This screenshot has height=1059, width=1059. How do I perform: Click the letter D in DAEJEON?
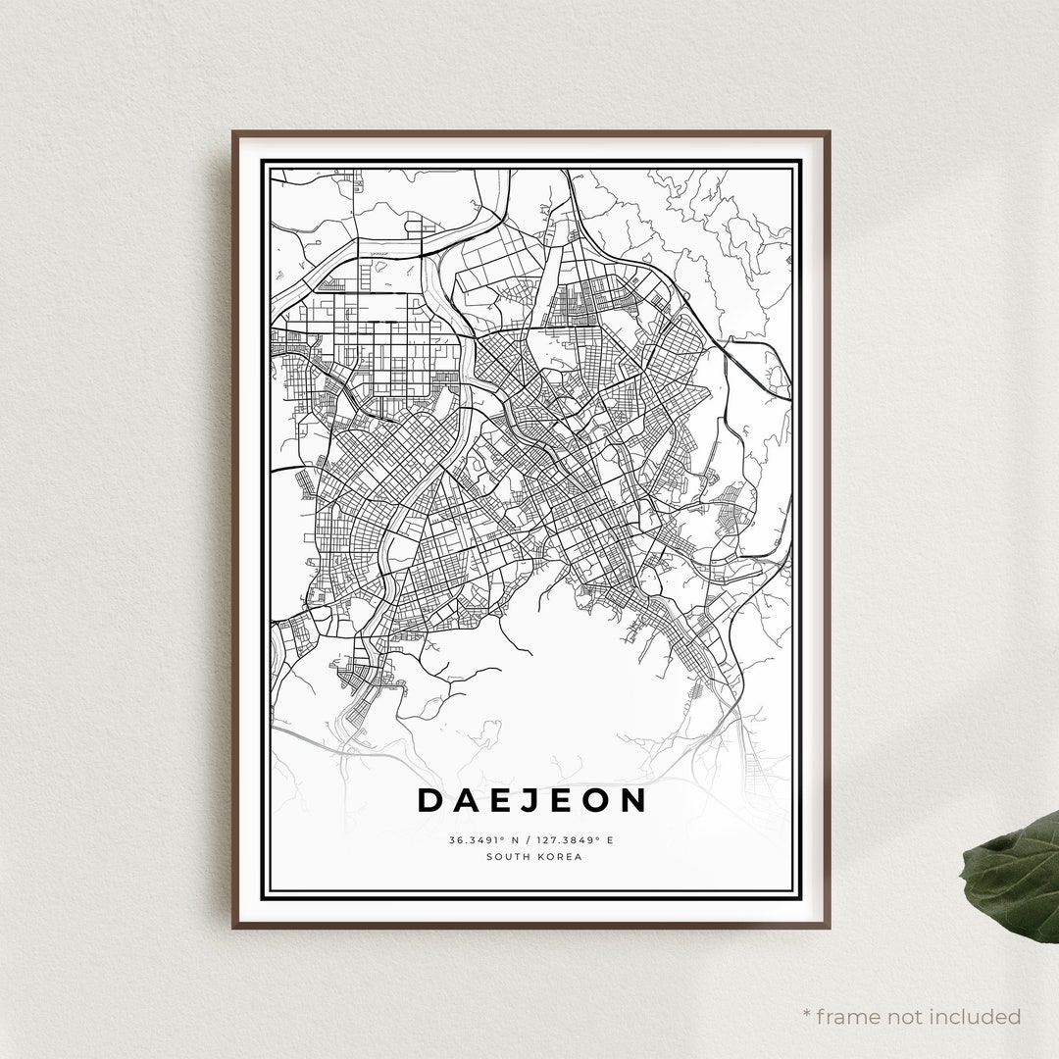tap(430, 800)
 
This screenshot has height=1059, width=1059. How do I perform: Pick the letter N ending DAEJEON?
tap(633, 800)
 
